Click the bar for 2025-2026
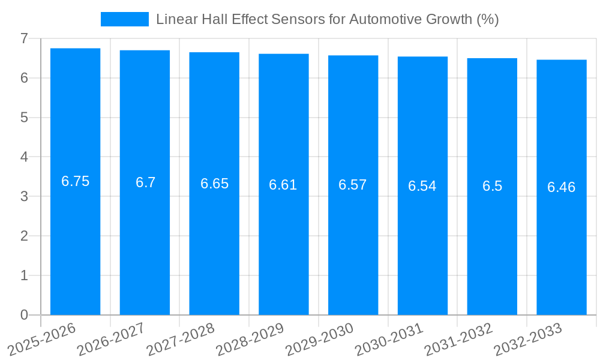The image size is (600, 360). [x=75, y=240]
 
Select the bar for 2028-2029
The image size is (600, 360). [x=284, y=240]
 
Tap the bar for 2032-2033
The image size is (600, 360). [x=562, y=240]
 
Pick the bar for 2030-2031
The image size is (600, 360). [x=422, y=240]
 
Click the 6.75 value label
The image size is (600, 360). [x=76, y=181]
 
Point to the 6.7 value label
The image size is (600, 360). [x=145, y=182]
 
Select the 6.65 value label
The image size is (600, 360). [x=214, y=184]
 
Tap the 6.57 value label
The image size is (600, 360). [x=353, y=185]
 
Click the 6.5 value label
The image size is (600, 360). [x=492, y=186]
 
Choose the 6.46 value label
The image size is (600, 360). [x=562, y=187]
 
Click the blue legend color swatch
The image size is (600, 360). [x=124, y=19]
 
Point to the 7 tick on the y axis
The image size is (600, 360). [x=25, y=38]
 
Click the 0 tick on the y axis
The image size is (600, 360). [x=25, y=315]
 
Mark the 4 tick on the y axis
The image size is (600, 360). [x=25, y=157]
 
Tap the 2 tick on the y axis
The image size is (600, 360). [x=25, y=236]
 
